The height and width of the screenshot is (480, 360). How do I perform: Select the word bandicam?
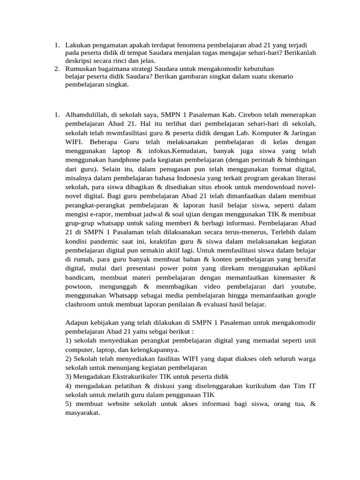79,277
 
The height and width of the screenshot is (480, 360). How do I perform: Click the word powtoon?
79,286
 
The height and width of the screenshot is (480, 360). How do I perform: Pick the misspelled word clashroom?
81,304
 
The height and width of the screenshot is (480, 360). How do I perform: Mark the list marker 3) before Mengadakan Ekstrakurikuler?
69,376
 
